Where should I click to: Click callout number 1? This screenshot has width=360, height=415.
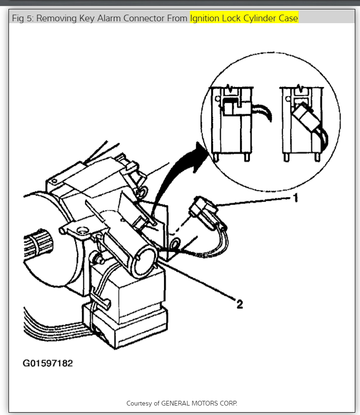[296, 198]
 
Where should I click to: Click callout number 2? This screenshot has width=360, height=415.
[240, 304]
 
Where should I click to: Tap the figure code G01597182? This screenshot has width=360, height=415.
[48, 363]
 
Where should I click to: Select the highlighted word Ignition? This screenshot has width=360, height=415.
[204, 18]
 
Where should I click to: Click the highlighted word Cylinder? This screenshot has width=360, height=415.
[259, 18]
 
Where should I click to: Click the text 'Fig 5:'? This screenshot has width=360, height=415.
[23, 18]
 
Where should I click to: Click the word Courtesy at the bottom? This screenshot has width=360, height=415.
[139, 403]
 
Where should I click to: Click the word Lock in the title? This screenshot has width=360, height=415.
[231, 18]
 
